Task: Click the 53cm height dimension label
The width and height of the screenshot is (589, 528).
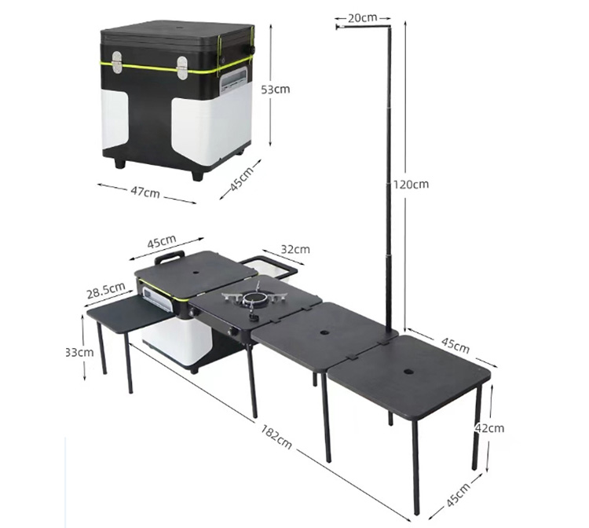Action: click(x=275, y=89)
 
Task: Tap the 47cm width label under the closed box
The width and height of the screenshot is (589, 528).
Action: click(x=146, y=192)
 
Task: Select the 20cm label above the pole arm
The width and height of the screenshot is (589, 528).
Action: click(x=362, y=16)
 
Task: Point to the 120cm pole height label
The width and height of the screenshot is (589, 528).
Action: click(x=412, y=184)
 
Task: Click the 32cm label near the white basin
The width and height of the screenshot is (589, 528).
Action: click(x=295, y=250)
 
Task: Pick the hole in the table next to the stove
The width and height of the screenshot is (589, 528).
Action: click(x=324, y=332)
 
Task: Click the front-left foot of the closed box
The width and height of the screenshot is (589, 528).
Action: click(x=119, y=164)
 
